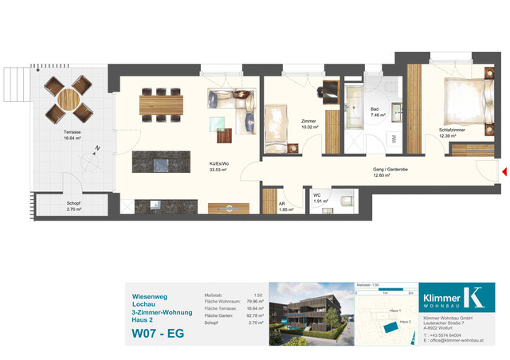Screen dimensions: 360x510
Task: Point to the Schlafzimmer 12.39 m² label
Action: pyautogui.click(x=453, y=132)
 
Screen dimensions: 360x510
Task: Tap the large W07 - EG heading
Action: pyautogui.click(x=158, y=333)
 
